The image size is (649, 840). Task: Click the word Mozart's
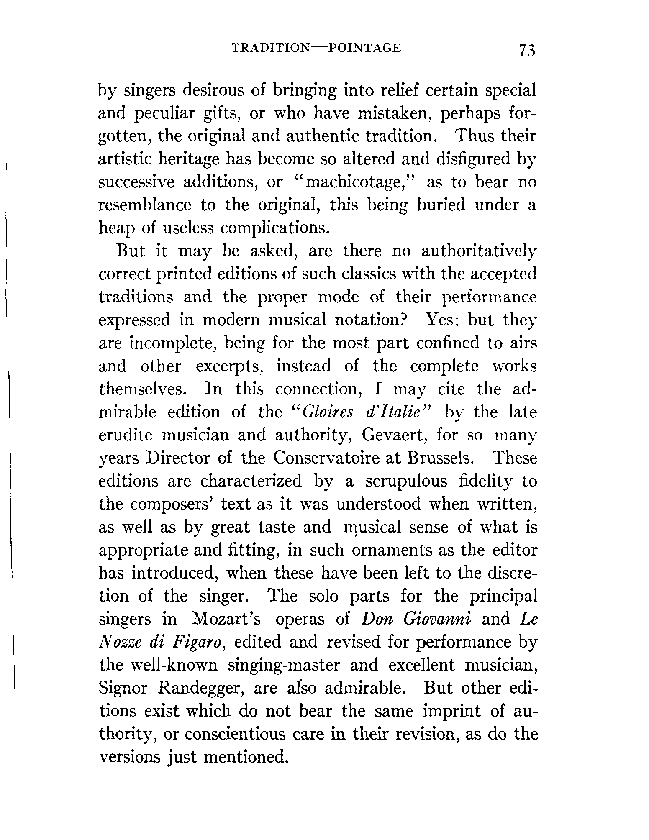[226, 619]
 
